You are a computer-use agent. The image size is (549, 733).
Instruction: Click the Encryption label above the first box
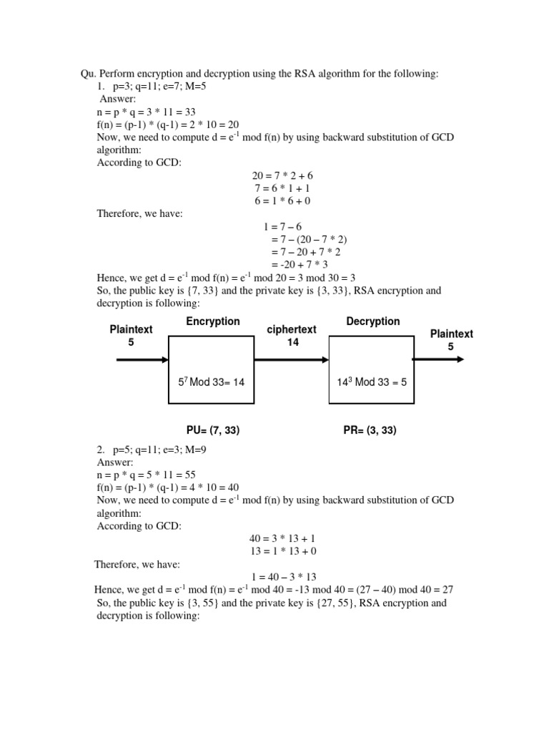[x=213, y=321]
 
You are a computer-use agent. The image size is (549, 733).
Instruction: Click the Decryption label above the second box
[x=373, y=321]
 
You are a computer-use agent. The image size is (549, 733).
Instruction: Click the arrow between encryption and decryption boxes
[x=291, y=359]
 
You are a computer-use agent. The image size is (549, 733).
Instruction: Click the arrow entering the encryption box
[x=142, y=359]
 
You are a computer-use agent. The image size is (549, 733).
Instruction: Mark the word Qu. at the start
[x=87, y=73]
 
